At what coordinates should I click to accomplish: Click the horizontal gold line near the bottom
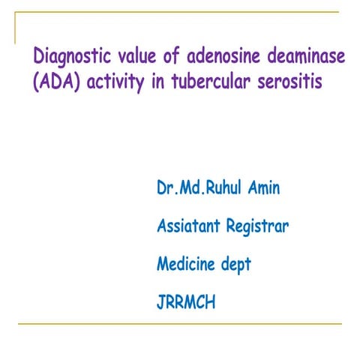pyautogui.click(x=180, y=324)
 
